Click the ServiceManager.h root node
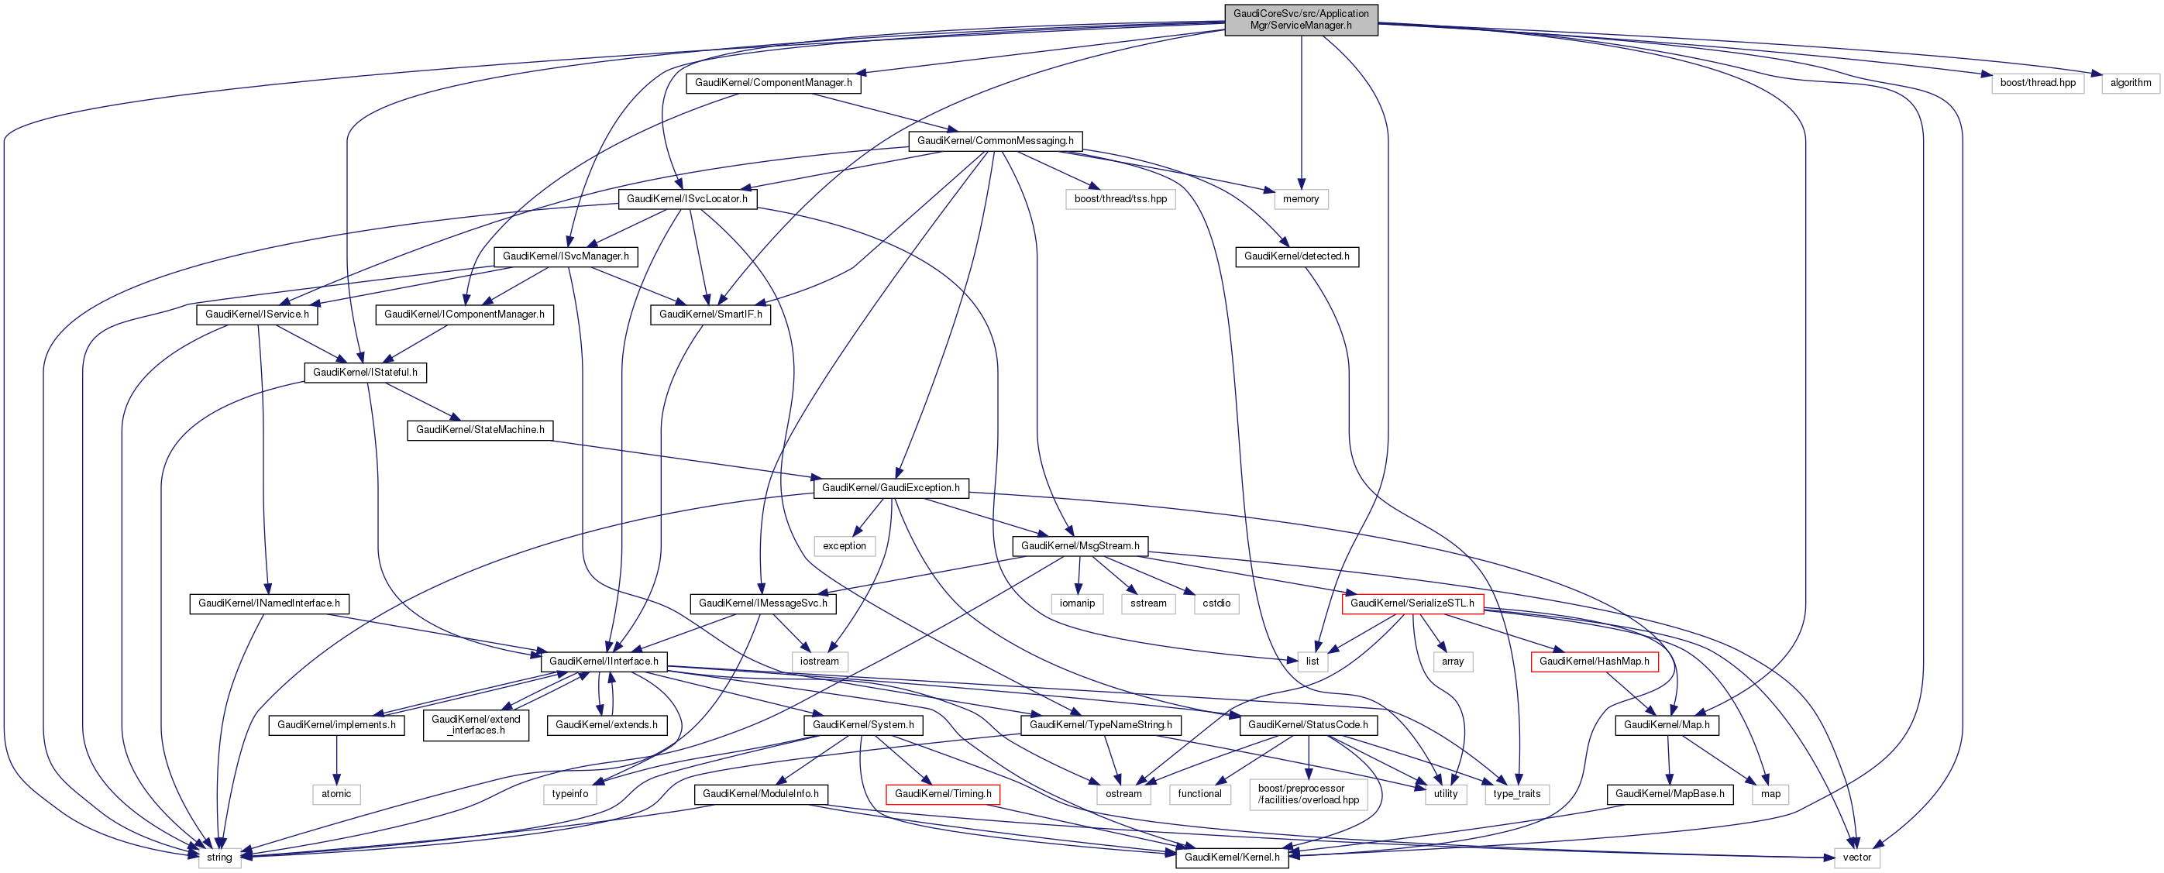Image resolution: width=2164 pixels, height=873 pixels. click(x=1300, y=19)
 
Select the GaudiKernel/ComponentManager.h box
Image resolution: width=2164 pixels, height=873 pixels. click(x=773, y=82)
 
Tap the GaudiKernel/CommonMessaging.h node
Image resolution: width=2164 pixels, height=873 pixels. click(x=995, y=140)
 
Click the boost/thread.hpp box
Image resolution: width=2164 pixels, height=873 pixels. click(x=2037, y=82)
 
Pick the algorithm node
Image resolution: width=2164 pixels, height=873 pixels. click(x=2131, y=82)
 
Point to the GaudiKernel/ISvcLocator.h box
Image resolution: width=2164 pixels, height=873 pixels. click(x=686, y=198)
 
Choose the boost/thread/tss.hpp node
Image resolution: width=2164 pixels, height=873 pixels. click(x=1120, y=198)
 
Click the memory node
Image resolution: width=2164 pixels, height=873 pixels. click(x=1300, y=198)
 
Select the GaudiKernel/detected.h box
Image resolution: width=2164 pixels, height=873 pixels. click(x=1296, y=256)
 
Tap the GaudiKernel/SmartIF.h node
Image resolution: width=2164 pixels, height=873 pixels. click(x=710, y=314)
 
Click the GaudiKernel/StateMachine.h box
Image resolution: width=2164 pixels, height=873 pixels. click(x=480, y=429)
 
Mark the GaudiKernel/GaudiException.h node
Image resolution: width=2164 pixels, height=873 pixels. click(x=890, y=487)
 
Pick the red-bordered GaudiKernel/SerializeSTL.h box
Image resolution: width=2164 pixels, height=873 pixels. click(x=1412, y=603)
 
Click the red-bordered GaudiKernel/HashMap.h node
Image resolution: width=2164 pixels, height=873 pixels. click(x=1594, y=662)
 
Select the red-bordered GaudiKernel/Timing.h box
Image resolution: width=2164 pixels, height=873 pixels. click(x=943, y=793)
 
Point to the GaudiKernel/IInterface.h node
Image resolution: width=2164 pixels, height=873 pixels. click(x=603, y=662)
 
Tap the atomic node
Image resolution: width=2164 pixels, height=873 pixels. click(x=336, y=793)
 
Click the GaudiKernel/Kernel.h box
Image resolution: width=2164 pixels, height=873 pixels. click(x=1231, y=857)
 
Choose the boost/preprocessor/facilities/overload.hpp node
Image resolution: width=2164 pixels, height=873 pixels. click(x=1308, y=793)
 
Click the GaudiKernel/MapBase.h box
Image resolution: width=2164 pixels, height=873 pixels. click(x=1669, y=793)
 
